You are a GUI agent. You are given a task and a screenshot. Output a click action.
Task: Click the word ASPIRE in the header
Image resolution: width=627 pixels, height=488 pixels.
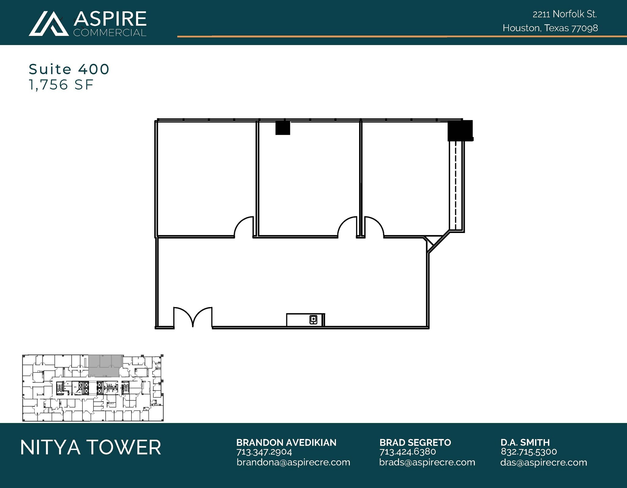click(110, 19)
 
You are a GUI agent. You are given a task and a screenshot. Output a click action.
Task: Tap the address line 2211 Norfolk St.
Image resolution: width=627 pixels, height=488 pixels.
click(565, 14)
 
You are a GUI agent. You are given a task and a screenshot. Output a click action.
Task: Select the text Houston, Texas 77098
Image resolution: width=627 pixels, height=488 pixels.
click(550, 28)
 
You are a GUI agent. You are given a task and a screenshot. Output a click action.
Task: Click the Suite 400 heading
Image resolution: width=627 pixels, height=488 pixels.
click(69, 69)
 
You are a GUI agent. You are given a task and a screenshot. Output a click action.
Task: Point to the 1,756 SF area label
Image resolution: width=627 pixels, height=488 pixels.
click(61, 85)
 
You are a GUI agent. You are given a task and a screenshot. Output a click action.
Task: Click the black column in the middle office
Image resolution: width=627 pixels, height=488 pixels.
click(283, 128)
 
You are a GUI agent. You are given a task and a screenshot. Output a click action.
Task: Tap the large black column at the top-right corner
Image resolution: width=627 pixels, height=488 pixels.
click(460, 130)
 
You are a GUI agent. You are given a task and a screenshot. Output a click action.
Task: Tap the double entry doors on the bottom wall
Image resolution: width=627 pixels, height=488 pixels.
click(193, 317)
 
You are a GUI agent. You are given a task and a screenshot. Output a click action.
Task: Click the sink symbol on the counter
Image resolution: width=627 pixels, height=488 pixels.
click(313, 320)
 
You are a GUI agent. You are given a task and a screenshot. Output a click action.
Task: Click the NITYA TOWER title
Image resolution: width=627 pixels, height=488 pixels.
click(91, 447)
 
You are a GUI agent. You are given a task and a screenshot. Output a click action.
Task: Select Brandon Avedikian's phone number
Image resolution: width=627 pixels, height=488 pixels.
click(264, 452)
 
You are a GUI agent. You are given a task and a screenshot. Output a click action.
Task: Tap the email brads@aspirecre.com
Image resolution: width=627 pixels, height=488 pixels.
click(427, 462)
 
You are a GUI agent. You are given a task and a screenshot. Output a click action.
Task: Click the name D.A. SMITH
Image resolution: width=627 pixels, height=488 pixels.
click(525, 442)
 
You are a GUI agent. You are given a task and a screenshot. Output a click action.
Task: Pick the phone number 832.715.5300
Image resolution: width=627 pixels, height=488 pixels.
click(529, 452)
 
